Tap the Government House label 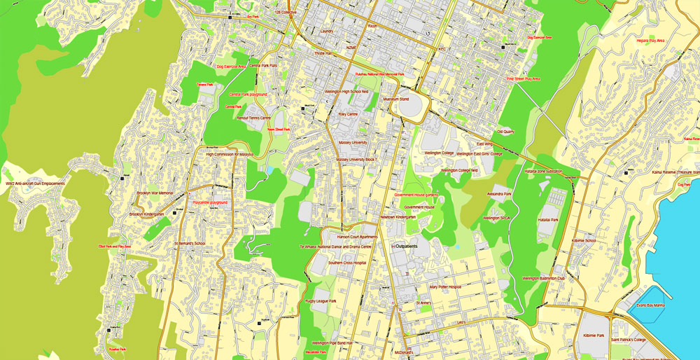419,207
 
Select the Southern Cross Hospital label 347,263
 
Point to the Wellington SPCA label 496,218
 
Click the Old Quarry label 505,131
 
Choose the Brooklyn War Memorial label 155,193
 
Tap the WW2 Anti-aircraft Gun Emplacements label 35,184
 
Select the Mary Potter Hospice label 445,286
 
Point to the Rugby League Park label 321,301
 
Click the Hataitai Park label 548,220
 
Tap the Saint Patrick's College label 628,340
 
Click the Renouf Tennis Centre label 253,118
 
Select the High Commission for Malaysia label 229,153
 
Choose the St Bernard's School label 190,244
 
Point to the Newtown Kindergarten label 398,217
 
